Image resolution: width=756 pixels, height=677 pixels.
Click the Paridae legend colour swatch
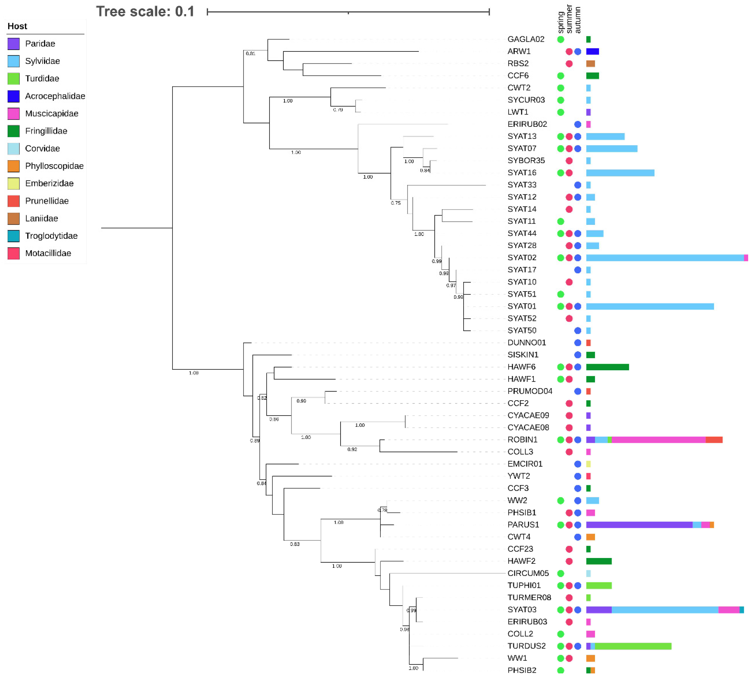point(13,44)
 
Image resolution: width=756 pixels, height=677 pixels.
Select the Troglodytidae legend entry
point(51,236)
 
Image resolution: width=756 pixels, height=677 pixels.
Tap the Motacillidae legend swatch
point(13,253)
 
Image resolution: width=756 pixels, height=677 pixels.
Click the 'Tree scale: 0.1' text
point(145,11)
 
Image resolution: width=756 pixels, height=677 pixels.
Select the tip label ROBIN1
point(522,440)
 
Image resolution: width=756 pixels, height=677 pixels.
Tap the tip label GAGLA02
point(526,39)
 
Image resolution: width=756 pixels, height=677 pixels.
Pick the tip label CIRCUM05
point(528,573)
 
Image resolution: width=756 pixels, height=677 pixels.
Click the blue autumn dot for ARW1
point(577,51)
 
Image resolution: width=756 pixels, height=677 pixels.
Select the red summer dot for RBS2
point(569,64)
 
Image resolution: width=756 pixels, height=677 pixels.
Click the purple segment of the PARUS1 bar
point(639,525)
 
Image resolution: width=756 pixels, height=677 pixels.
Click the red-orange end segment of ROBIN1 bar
point(714,440)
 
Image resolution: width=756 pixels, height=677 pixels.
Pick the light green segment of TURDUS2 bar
point(633,646)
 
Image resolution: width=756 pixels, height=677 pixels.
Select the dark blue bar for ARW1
point(592,51)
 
